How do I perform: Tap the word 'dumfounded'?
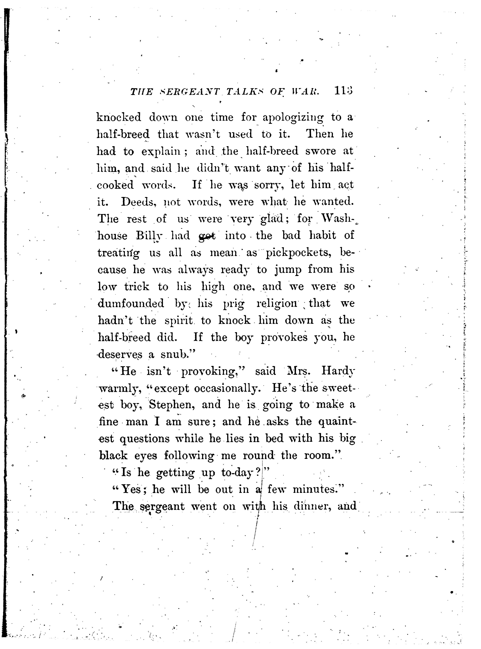pos(131,304)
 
